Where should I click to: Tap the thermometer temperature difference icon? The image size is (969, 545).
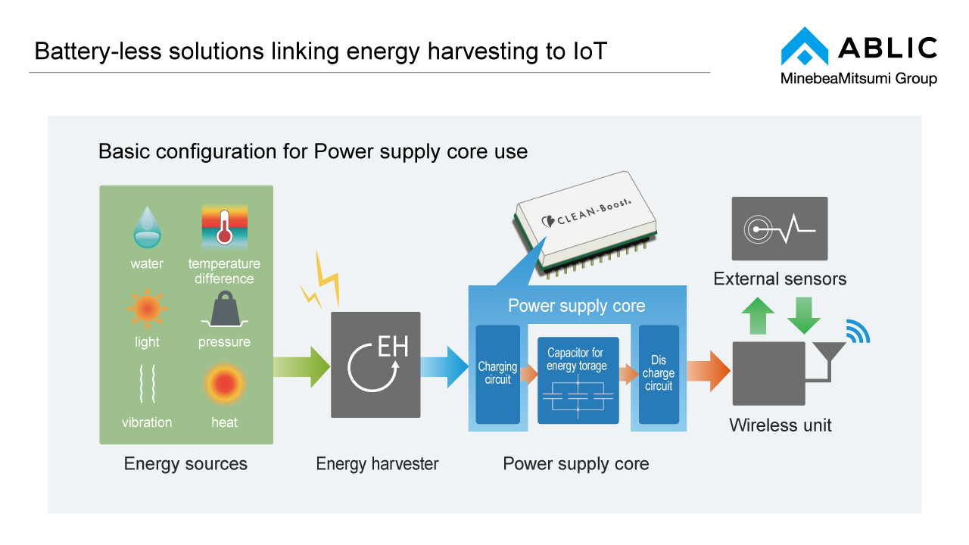pos(224,226)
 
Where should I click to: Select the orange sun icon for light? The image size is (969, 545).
pos(147,308)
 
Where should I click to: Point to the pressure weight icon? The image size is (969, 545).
pos(224,310)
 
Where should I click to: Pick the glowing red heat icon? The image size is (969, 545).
pos(224,384)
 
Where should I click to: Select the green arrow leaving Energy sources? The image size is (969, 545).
pos(302,366)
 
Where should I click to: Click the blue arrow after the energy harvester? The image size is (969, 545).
pos(445,366)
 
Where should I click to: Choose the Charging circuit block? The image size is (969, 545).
pos(497,374)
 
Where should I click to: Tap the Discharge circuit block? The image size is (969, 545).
pos(659,374)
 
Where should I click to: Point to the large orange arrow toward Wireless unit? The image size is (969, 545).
pos(709,371)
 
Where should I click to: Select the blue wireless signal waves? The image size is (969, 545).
pos(858,332)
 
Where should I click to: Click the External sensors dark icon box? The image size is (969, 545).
pos(779,229)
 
